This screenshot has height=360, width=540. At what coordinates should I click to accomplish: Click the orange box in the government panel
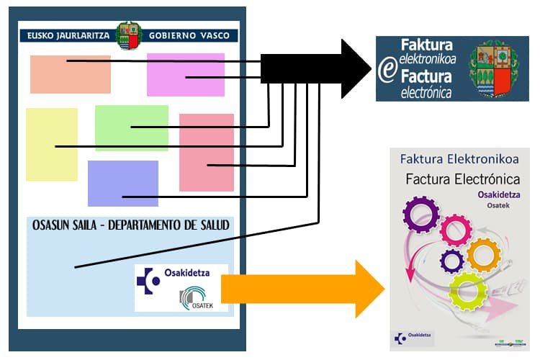coord(70,74)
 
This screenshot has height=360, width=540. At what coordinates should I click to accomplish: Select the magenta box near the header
coord(185,74)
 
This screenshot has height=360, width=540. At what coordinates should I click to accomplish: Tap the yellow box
coord(52,144)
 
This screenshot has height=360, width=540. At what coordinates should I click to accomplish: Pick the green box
coord(131,127)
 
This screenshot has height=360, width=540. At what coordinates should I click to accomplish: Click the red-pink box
coord(206,152)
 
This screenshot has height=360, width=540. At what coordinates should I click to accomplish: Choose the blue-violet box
coord(122,183)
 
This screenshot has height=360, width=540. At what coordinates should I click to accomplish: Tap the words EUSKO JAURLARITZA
coord(69,35)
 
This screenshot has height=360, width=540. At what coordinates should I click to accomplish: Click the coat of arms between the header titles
coord(129,35)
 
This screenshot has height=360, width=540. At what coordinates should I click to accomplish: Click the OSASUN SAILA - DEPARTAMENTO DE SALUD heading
coord(130,225)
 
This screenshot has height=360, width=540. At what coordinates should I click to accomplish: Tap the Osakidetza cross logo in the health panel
coord(149,280)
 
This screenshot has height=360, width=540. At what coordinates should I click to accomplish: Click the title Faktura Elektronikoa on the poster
coord(459,158)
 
